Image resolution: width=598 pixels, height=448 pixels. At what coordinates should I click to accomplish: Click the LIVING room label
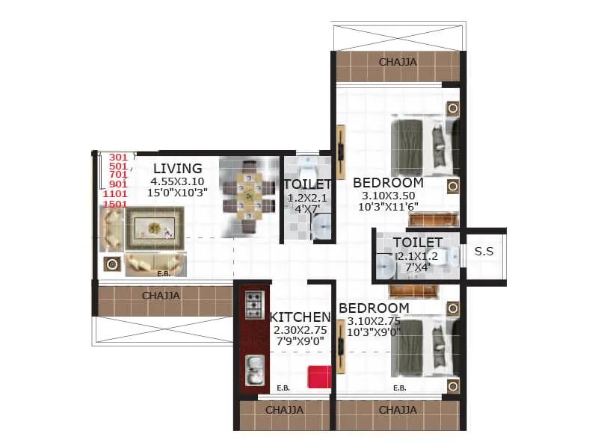point(178,168)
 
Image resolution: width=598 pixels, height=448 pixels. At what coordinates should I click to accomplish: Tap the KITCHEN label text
point(300,317)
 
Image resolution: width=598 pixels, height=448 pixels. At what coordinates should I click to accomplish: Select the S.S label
point(484,252)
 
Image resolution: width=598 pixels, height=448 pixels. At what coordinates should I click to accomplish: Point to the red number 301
point(118,157)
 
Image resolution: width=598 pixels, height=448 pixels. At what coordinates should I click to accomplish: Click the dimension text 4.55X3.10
point(178,181)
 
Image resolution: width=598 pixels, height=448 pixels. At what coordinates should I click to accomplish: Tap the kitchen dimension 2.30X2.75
point(300,329)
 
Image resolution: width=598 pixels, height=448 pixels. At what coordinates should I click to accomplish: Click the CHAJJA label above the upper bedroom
point(398,62)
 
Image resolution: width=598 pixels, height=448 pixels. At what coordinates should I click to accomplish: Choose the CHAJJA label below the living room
point(161,296)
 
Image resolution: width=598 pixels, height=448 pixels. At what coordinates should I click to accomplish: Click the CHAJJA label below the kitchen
point(285,410)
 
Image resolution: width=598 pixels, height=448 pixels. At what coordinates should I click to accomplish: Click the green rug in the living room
point(154,228)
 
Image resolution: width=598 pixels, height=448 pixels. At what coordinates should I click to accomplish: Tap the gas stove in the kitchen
point(254,304)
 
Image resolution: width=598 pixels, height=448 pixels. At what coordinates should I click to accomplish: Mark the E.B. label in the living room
point(164,273)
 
